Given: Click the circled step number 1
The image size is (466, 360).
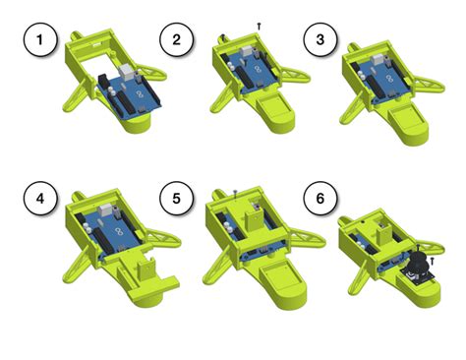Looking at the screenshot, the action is pos(40,39).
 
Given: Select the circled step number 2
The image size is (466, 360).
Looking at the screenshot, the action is pos(177,39).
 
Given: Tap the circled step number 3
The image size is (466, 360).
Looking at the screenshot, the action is pos(320,39).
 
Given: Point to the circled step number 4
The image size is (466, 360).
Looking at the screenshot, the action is pos(40,199).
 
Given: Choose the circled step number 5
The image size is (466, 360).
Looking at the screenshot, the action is pos(177,199).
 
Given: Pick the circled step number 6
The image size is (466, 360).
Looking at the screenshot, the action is pos(320,199).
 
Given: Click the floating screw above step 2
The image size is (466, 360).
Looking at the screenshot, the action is pos(259,27).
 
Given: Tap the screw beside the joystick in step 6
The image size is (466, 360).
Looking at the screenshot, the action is pos(433,262).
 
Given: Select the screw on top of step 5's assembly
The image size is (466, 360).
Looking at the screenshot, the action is pos(235,194).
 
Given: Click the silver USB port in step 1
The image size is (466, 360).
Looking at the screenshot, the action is pos(126,72).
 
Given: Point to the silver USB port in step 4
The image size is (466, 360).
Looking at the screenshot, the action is pos(107,209).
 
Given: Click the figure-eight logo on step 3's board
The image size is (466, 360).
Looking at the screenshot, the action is pos(389,79).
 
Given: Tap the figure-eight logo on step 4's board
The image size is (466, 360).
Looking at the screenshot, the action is pos(120,232).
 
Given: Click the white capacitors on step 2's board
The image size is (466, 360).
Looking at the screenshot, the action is pos(232,67).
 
